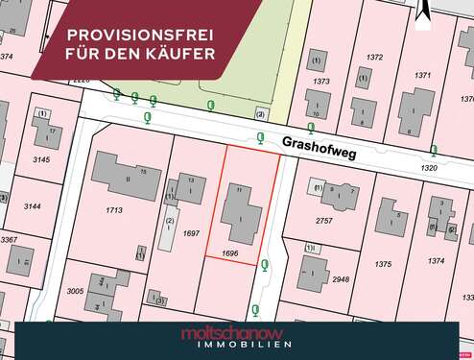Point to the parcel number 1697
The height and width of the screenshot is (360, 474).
pyautogui.click(x=191, y=233)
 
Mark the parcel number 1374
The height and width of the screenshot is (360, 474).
pyautogui.click(x=437, y=261)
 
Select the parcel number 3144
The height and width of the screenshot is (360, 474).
pyautogui.click(x=33, y=206)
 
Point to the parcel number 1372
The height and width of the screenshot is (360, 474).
pyautogui.click(x=374, y=58)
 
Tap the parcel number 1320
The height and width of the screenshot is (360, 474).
pyautogui.click(x=429, y=168)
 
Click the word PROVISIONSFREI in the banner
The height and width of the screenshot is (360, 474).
pyautogui.click(x=140, y=34)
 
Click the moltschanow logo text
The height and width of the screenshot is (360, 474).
pyautogui.click(x=236, y=332)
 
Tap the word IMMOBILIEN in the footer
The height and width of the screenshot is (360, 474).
pyautogui.click(x=236, y=346)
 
